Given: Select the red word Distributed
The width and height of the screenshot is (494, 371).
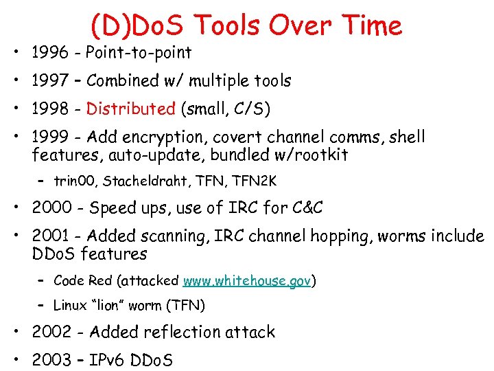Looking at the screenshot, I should click(x=131, y=109).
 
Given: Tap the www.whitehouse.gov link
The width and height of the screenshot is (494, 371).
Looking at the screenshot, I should click(x=248, y=281).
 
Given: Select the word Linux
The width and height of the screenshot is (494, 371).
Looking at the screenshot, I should click(x=70, y=305).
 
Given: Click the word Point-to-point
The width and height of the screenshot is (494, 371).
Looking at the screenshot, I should click(x=139, y=52).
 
